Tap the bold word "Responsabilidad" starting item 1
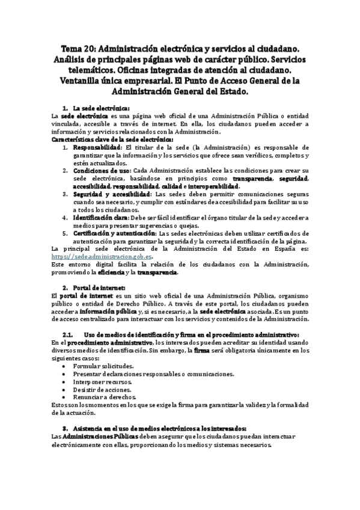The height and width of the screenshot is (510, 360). tap(96, 147)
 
